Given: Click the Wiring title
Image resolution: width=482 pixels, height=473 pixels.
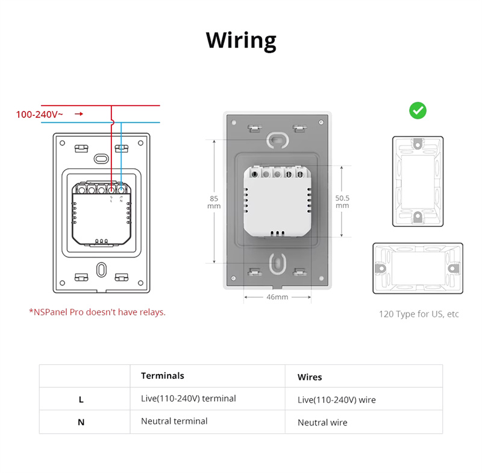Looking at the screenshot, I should click(x=241, y=40).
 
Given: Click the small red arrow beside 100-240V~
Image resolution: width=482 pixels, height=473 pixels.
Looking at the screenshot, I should click(x=78, y=113).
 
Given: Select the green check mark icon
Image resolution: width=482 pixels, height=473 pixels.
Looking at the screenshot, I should click(x=418, y=110).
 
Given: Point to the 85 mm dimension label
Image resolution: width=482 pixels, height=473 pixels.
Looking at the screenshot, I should click(x=214, y=202).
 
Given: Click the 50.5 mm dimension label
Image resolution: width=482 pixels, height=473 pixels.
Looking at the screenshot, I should click(x=342, y=202).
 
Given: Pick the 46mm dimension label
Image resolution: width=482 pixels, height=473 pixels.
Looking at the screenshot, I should click(x=277, y=297).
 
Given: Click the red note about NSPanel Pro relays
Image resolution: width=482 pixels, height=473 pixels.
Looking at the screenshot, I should click(x=97, y=312).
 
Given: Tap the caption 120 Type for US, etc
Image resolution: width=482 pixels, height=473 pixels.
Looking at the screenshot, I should click(x=419, y=314).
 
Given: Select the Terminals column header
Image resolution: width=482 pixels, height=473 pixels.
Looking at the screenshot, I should click(x=163, y=376).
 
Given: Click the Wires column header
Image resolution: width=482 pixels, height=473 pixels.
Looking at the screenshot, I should click(x=310, y=377).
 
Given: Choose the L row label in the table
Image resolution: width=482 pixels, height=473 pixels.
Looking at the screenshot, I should click(x=81, y=399).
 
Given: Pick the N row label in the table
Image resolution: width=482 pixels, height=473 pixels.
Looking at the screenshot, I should click(x=81, y=422).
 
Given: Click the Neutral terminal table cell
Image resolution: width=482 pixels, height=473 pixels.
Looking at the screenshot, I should click(x=174, y=421).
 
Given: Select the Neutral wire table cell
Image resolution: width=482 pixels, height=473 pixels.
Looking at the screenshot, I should click(x=322, y=422).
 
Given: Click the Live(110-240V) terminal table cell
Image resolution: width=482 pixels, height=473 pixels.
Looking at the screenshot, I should click(x=189, y=398).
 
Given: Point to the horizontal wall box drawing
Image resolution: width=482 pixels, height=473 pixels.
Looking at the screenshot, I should click(x=418, y=268).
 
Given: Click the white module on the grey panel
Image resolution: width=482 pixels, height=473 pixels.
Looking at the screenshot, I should click(x=277, y=203).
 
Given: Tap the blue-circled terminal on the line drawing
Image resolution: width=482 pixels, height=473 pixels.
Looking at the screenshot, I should click(x=121, y=189).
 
